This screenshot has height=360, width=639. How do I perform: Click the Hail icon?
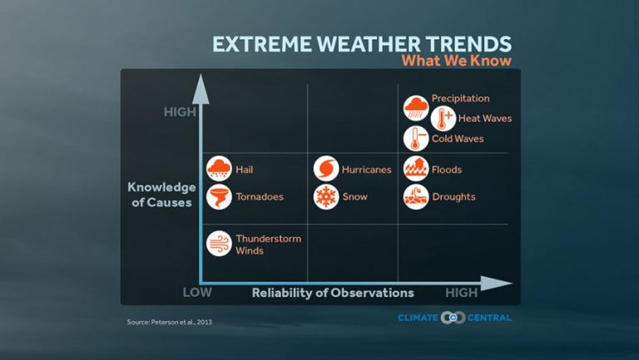coord(219,169)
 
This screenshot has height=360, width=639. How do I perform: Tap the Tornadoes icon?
coord(219,197)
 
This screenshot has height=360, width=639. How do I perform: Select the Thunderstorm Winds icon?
coord(219,244)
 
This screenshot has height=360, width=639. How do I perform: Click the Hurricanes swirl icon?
coord(326,169)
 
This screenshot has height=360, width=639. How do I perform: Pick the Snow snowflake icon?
coord(326,197)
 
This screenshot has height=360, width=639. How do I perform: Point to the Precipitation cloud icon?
coord(416,108)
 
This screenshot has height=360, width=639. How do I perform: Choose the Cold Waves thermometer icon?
coord(416,139)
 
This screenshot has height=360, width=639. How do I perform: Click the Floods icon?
coord(416,169)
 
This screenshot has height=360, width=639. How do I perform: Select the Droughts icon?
coord(416,197)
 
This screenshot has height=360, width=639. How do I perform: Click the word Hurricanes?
coord(366,170)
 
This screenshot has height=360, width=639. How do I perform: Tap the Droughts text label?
coord(453,197)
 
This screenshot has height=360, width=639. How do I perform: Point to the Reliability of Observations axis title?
coord(333,293)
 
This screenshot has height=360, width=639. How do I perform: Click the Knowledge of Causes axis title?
coord(161,195)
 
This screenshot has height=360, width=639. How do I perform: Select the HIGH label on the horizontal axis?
coord(462,293)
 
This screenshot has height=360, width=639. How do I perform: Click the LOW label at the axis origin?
coord(198,293)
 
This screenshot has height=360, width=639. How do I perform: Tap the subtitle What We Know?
coord(456,61)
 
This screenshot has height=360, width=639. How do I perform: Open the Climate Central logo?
coord(454,318)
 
